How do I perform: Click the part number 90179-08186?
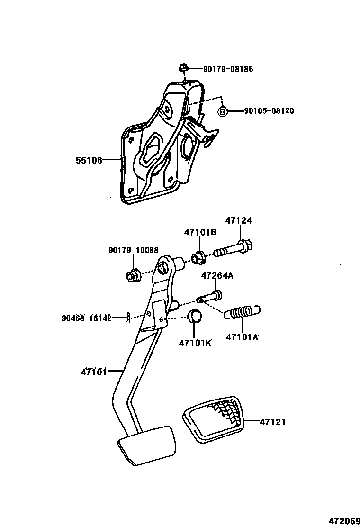(228, 69)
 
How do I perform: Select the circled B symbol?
(223, 111)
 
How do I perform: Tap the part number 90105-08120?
(269, 111)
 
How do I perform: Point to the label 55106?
(89, 160)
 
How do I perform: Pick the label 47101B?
(200, 232)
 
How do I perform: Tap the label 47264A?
(217, 276)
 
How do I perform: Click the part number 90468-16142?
(86, 318)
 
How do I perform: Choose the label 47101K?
(195, 343)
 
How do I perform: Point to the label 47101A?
(242, 337)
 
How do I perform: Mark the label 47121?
(272, 421)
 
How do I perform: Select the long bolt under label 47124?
(234, 248)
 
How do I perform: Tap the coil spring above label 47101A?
(243, 312)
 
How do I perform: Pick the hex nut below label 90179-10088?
(134, 274)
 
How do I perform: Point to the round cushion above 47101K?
(195, 316)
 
